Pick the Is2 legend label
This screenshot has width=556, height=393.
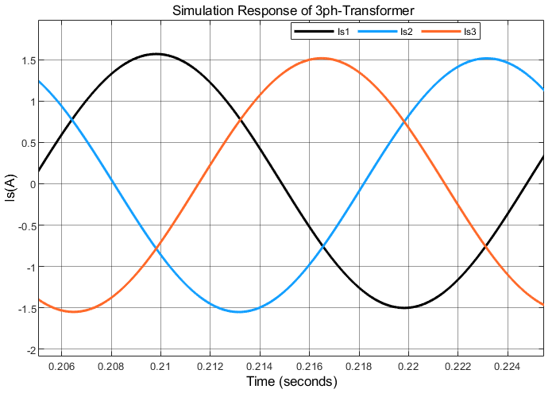click(x=406, y=32)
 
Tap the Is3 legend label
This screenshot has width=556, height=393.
click(x=469, y=32)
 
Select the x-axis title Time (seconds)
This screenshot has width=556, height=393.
click(x=292, y=382)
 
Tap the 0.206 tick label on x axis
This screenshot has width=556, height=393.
click(x=62, y=367)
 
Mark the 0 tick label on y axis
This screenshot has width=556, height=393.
click(x=31, y=184)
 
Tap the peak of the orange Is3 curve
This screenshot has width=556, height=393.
click(x=322, y=58)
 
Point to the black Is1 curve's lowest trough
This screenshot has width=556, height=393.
click(x=404, y=307)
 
